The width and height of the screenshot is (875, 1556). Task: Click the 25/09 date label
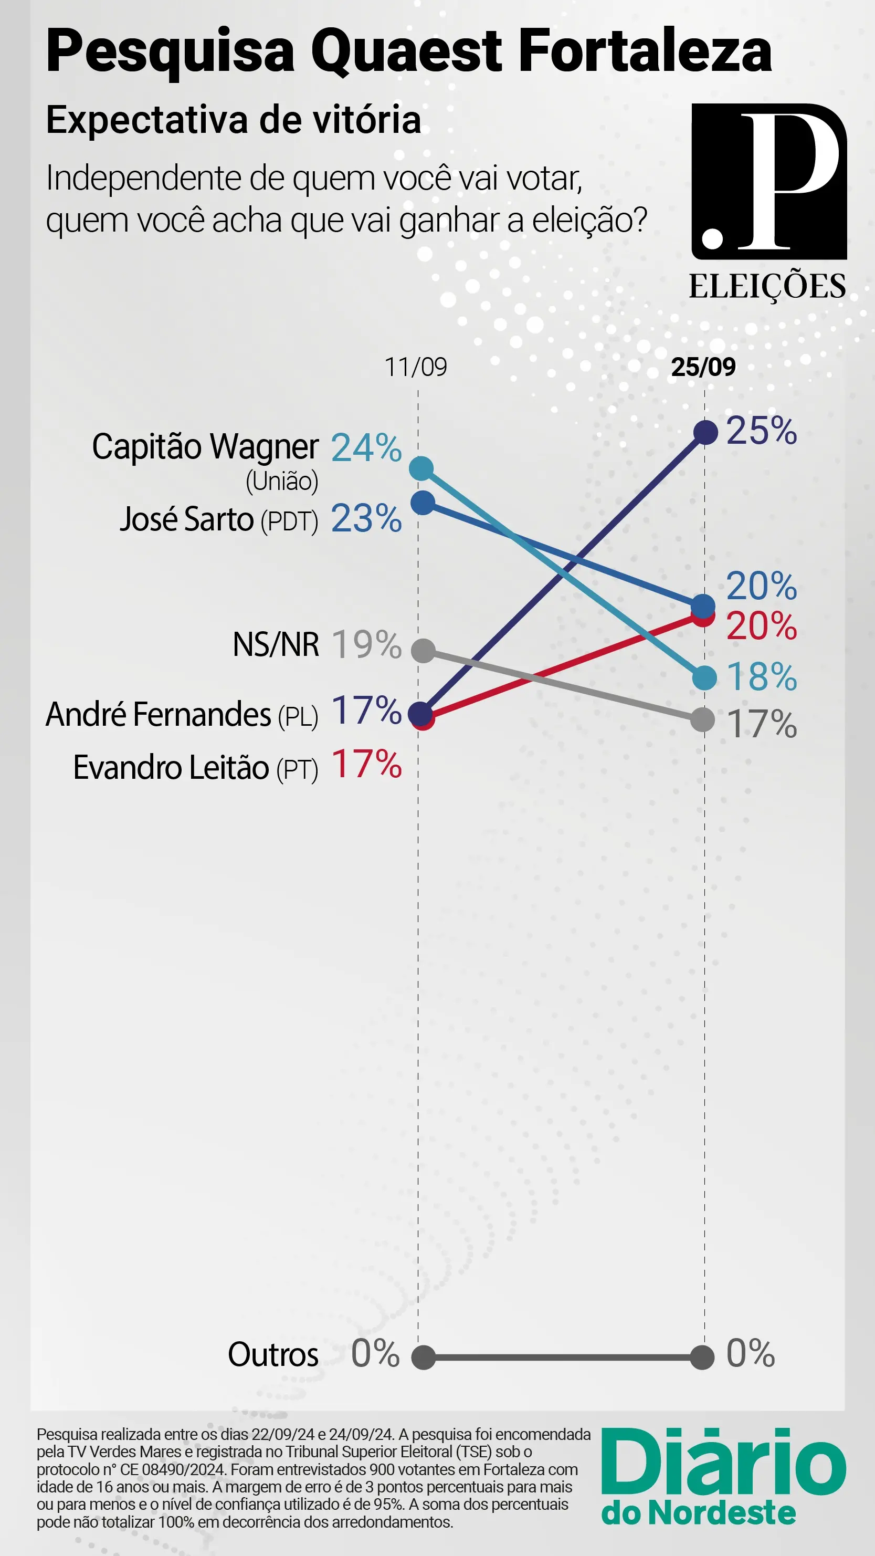703,367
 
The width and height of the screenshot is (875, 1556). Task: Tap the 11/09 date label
416,367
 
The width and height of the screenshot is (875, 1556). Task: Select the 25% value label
762,431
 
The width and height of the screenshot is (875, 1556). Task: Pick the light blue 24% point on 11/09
421,468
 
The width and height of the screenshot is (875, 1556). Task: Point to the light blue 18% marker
704,678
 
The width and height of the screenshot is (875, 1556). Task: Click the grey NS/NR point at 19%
423,651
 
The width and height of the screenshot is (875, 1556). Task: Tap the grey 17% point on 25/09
703,720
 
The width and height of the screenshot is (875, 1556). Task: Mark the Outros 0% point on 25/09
702,1358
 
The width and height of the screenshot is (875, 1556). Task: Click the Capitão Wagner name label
205,447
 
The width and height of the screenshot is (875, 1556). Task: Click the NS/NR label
276,644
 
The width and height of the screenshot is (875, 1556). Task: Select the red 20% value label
762,626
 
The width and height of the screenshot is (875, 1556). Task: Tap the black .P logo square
769,181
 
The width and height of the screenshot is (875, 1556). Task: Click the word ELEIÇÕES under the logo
767,286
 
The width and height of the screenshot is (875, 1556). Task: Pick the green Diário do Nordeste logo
723,1475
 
